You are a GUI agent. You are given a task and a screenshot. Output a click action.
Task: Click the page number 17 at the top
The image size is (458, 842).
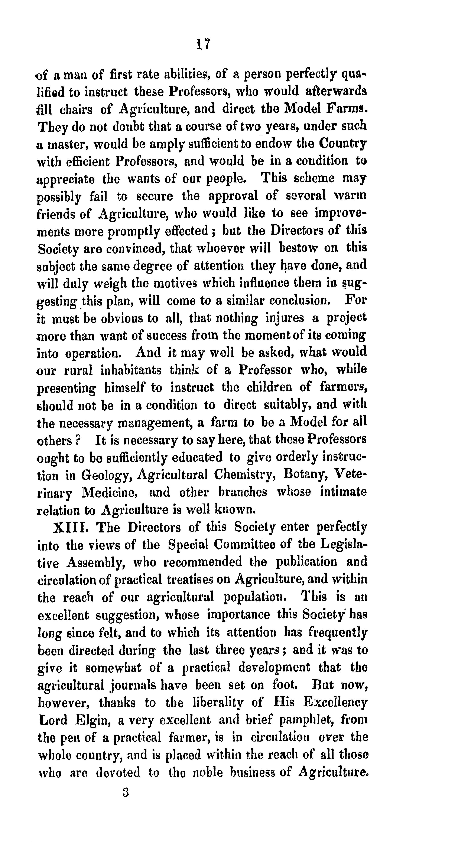[203, 44]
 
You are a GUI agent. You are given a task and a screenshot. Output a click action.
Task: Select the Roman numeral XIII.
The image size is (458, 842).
[70, 527]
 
